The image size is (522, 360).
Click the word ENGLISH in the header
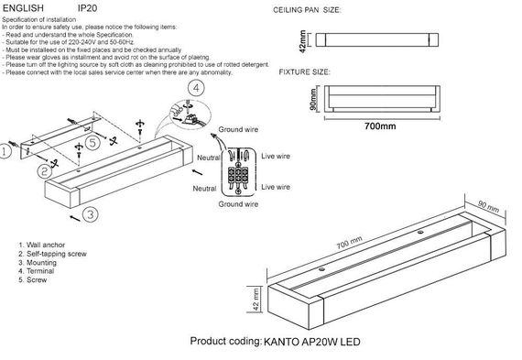click(x=23, y=6)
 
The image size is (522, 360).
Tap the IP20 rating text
click(x=89, y=6)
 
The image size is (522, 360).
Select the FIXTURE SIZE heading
click(x=304, y=71)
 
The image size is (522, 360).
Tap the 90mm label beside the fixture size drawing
click(x=312, y=97)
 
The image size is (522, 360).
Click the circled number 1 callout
click(x=6, y=157)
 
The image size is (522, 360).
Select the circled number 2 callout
click(x=44, y=171)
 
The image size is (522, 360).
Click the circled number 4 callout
click(x=196, y=89)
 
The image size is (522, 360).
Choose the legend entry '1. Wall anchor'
click(x=44, y=244)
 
